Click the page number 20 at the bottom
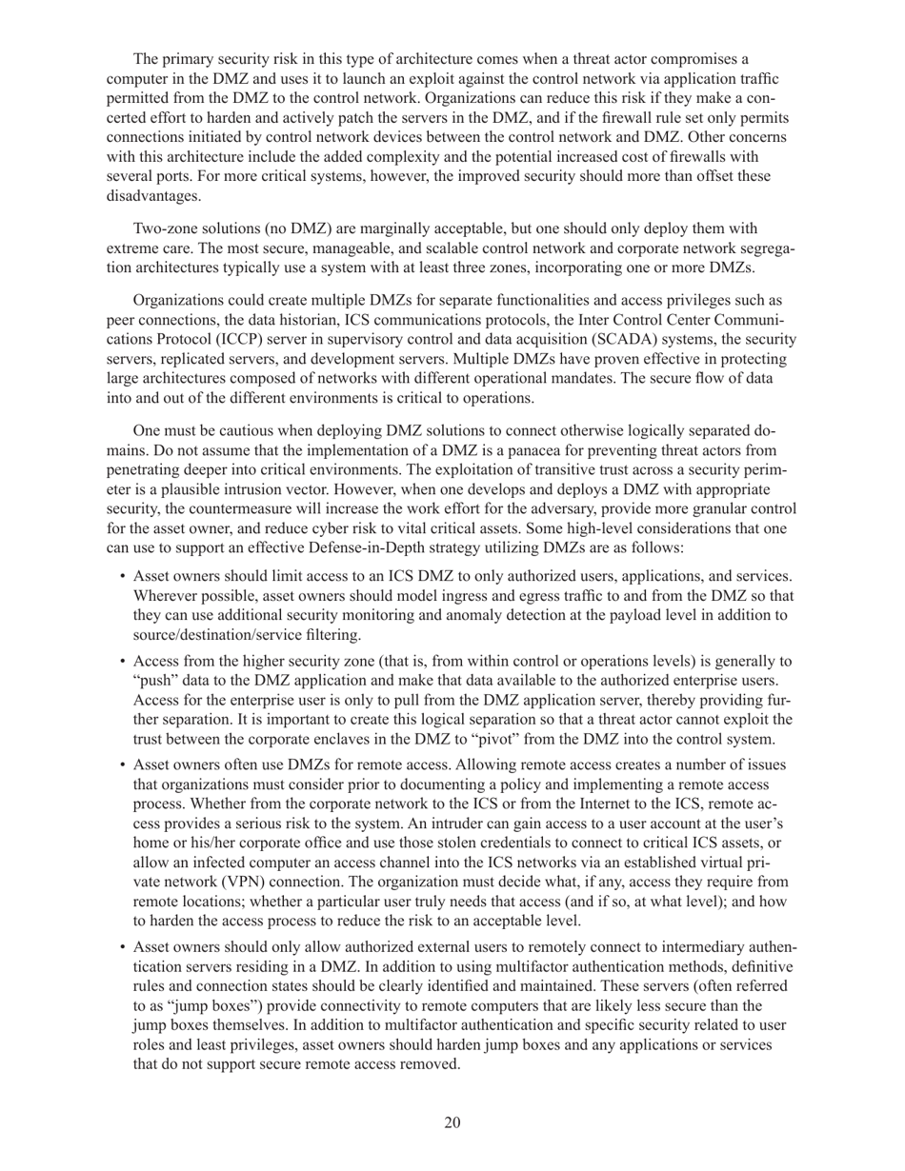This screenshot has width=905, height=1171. tap(452, 1122)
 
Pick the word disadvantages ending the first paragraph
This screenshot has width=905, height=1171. tap(151, 195)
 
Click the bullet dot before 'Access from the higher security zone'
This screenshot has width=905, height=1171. tap(123, 662)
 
